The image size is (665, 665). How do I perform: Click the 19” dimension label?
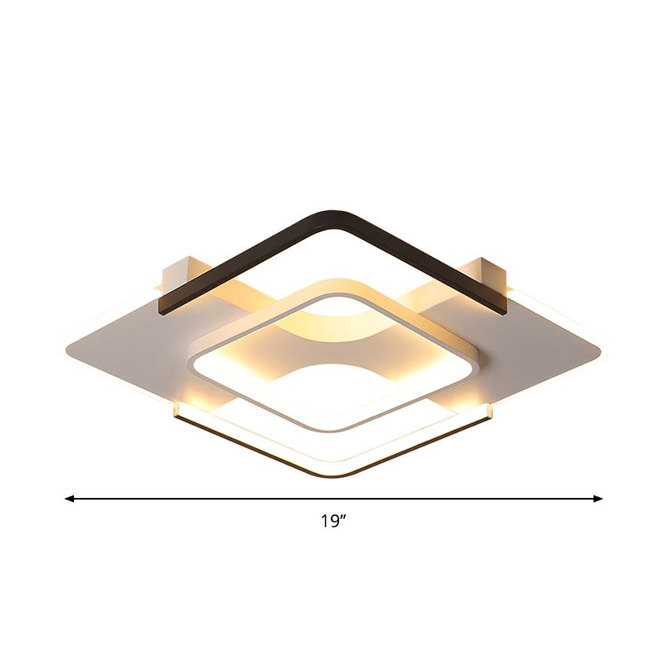tap(333, 522)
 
